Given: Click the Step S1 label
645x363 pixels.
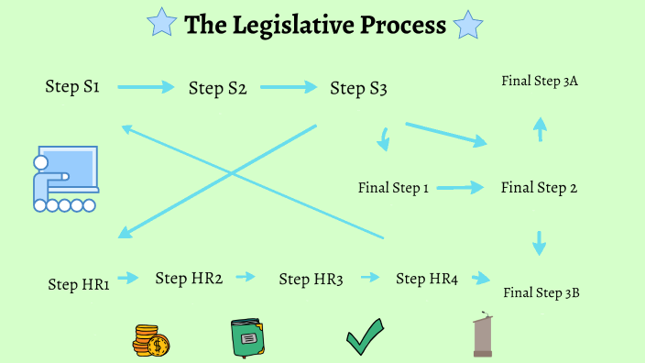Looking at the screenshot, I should [x=72, y=87].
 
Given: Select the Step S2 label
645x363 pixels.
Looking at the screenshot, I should [x=218, y=89].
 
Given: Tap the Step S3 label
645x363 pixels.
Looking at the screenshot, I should [x=358, y=89].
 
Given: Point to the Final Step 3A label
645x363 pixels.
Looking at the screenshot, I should [x=540, y=82].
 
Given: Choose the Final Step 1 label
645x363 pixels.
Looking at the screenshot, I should [x=393, y=188].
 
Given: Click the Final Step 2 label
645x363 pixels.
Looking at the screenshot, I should [x=539, y=188].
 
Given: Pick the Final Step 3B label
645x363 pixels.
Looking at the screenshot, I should [x=541, y=293].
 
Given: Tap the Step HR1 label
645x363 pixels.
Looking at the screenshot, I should [x=79, y=284].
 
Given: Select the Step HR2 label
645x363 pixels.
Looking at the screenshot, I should [x=189, y=278].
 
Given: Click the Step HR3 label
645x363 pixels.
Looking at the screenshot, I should [x=311, y=280].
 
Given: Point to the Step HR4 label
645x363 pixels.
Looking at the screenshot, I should [x=426, y=279].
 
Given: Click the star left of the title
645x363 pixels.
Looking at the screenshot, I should [x=163, y=24].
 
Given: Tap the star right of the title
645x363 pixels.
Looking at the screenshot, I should [x=468, y=25].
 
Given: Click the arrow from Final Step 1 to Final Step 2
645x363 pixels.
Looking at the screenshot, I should [x=460, y=188].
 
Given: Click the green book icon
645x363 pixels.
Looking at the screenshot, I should [x=246, y=337].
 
